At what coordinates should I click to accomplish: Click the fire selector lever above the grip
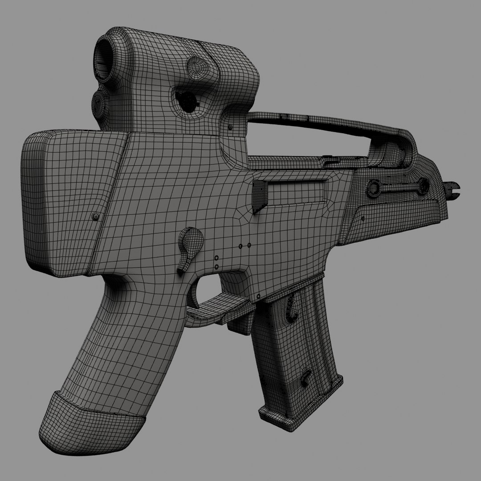point(189,245)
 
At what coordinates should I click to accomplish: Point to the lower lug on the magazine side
point(306,377)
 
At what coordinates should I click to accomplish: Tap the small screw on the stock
point(94,216)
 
